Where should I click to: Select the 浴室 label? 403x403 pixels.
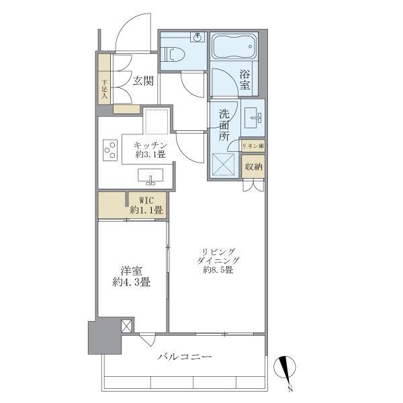[245, 81]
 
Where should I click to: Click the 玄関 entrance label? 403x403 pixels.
[142, 81]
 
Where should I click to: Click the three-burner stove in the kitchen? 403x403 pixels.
[109, 149]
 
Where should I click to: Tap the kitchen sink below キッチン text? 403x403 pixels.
[151, 177]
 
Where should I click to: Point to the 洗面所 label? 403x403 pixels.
[224, 124]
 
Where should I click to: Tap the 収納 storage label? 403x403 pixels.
[253, 167]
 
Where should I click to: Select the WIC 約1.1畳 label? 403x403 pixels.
[147, 206]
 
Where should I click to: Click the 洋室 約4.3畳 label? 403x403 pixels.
[132, 276]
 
